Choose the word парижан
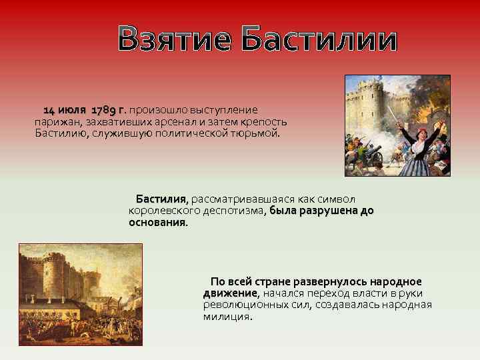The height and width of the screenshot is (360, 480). [55, 121]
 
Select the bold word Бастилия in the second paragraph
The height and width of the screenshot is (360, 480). [162, 199]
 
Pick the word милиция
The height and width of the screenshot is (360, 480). [227, 317]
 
